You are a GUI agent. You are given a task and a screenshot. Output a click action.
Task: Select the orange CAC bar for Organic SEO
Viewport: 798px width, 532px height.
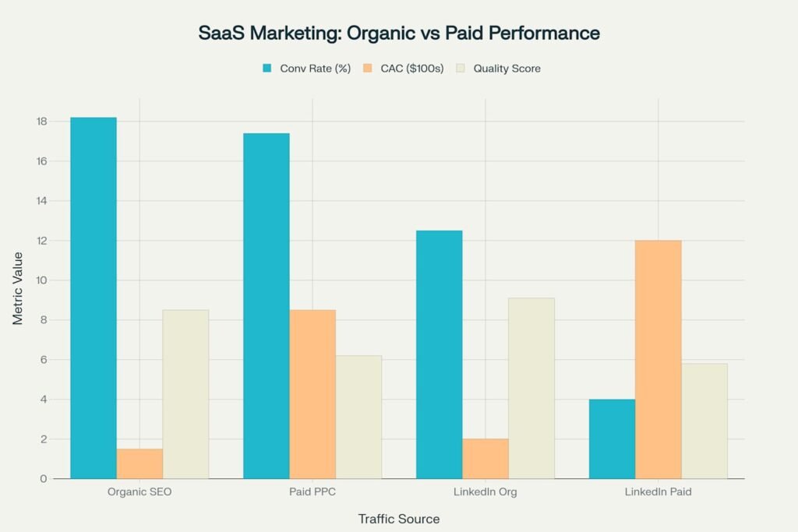(139, 463)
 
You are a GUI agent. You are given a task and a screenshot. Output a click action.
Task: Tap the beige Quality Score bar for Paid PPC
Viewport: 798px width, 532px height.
(358, 417)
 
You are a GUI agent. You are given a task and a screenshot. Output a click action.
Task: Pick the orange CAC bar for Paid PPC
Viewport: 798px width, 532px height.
(312, 394)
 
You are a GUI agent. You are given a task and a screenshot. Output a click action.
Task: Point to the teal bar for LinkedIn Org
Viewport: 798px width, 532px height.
(439, 354)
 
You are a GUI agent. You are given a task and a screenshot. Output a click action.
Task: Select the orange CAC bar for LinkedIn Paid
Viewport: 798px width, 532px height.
(659, 359)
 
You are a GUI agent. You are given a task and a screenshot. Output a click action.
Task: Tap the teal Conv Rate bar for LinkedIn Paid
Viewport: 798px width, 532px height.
(612, 439)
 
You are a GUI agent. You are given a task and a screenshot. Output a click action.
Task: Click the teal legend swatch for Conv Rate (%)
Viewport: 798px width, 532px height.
(267, 69)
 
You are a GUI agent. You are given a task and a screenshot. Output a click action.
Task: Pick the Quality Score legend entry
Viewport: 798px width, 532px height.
(506, 69)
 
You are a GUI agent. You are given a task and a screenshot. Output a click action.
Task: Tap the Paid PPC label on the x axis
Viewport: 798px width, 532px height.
(312, 493)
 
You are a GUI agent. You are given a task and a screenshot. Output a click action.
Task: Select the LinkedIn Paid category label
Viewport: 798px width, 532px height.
(659, 493)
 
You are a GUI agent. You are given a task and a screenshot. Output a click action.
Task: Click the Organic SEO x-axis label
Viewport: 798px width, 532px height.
(139, 493)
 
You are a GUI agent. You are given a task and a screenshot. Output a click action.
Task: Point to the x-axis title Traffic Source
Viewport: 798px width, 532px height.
(398, 519)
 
